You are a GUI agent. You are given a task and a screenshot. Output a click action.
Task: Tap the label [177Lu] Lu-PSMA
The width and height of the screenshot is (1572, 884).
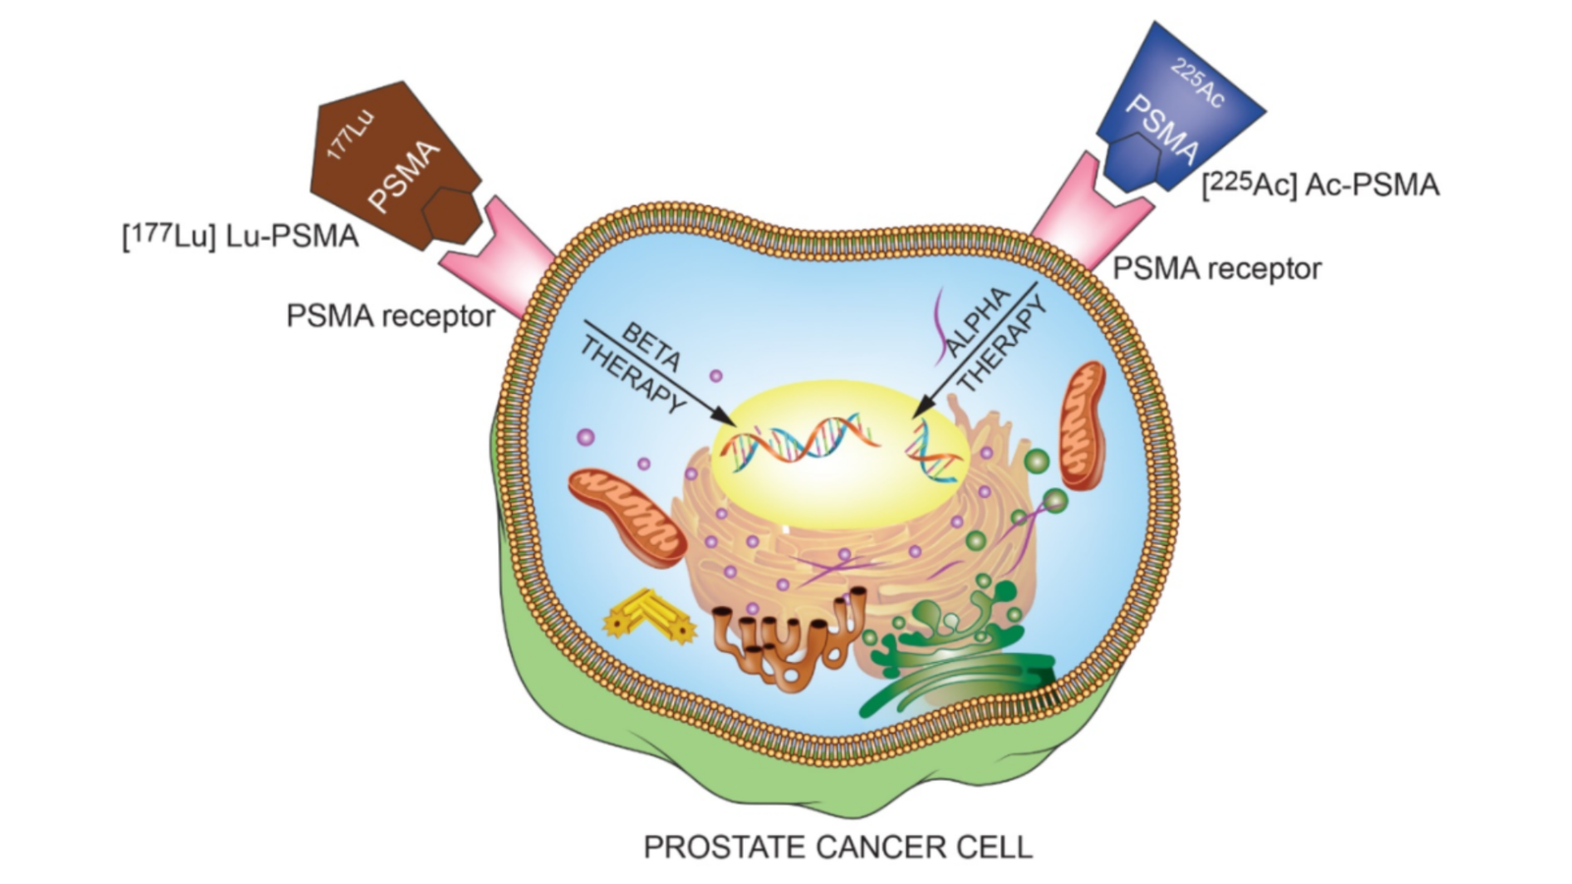point(240,237)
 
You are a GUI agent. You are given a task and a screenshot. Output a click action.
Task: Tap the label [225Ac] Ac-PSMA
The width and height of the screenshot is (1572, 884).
point(1319,185)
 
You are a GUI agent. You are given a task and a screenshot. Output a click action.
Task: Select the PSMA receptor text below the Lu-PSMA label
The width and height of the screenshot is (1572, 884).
point(390,316)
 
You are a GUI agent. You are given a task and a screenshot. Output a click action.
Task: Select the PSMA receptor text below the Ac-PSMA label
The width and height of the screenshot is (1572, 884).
point(1216,268)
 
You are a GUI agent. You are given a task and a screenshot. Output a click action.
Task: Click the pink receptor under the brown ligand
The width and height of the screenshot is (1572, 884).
point(501,255)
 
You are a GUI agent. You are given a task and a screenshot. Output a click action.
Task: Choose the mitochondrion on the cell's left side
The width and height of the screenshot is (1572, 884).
point(627,516)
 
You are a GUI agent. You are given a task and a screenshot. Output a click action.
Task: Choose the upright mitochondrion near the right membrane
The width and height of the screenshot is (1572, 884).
point(1083,425)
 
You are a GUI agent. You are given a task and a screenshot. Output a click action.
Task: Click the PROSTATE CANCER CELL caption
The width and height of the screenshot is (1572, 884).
point(837,847)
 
